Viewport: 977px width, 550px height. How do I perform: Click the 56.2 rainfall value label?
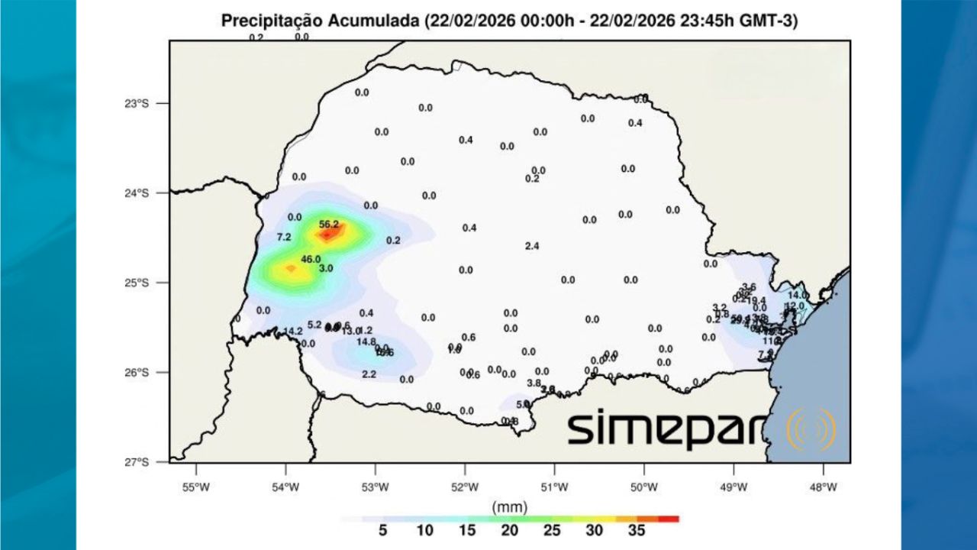click(329, 224)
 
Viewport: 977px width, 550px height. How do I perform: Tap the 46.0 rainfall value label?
click(311, 259)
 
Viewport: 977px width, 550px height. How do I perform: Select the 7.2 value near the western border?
click(284, 237)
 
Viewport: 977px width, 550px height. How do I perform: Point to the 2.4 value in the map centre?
click(533, 246)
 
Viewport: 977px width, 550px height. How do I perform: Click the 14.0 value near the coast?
click(797, 295)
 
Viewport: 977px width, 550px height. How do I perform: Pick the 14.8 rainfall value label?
click(366, 341)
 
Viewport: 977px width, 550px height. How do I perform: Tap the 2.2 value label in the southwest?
click(369, 374)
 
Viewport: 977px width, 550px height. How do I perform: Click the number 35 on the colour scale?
click(635, 530)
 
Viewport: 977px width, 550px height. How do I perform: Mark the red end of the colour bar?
click(669, 519)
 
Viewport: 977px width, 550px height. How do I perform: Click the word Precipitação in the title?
click(270, 21)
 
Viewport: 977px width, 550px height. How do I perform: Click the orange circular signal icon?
click(811, 429)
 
